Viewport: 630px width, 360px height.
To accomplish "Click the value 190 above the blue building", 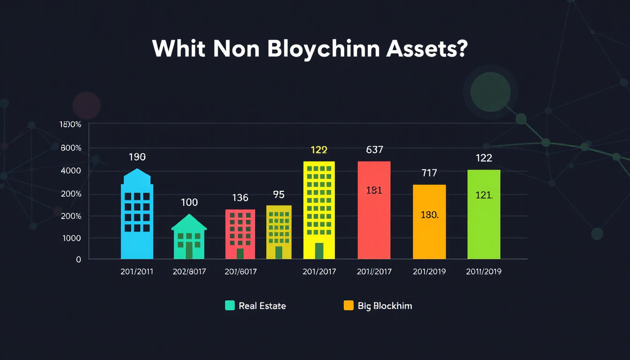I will [137, 157].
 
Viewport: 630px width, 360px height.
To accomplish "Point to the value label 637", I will [375, 150].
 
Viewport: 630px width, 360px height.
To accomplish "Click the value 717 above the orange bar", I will [429, 173].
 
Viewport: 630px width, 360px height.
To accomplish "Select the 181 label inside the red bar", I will [374, 190].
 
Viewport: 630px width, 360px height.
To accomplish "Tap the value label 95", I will [278, 194].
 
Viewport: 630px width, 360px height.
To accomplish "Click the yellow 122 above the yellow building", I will [319, 150].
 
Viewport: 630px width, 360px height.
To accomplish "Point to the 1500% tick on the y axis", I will [71, 125].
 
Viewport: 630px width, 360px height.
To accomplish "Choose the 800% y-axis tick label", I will [71, 148].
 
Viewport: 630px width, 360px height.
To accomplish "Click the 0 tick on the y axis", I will [78, 259].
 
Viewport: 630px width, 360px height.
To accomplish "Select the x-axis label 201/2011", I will [136, 271].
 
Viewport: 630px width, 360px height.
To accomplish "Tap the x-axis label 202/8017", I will [189, 271].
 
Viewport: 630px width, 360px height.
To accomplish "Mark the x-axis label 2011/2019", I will [483, 271].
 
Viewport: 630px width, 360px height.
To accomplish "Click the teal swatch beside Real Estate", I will [230, 306].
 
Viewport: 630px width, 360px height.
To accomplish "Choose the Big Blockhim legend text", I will [385, 306].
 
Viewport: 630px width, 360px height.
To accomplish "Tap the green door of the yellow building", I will [319, 251].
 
